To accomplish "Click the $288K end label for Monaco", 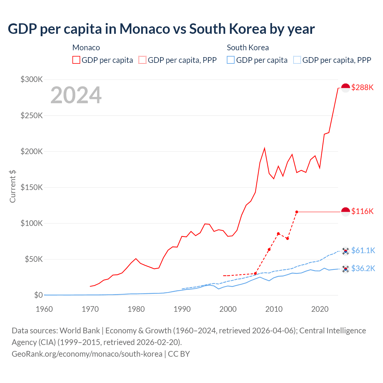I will [362, 87].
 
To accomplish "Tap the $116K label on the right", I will [362, 211].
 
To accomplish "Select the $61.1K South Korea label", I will [363, 250].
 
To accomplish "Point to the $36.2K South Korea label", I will [363, 268].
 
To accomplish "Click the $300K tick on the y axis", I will [32, 79].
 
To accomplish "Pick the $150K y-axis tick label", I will [32, 187].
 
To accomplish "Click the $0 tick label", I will [38, 295].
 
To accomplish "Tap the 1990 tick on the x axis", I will [182, 309].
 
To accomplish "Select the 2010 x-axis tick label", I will [274, 309].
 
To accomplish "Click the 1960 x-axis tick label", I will [44, 309].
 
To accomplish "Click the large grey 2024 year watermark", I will [76, 95].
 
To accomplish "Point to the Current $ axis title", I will [13, 186].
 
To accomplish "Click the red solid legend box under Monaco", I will [76, 60].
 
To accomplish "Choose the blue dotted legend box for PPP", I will [297, 60].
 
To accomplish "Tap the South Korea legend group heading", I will [248, 48].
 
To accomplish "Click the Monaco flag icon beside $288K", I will [346, 88].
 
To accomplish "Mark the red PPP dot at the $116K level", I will [297, 212].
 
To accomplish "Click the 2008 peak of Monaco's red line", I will [265, 148].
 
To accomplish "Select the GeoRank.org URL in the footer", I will [87, 354].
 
